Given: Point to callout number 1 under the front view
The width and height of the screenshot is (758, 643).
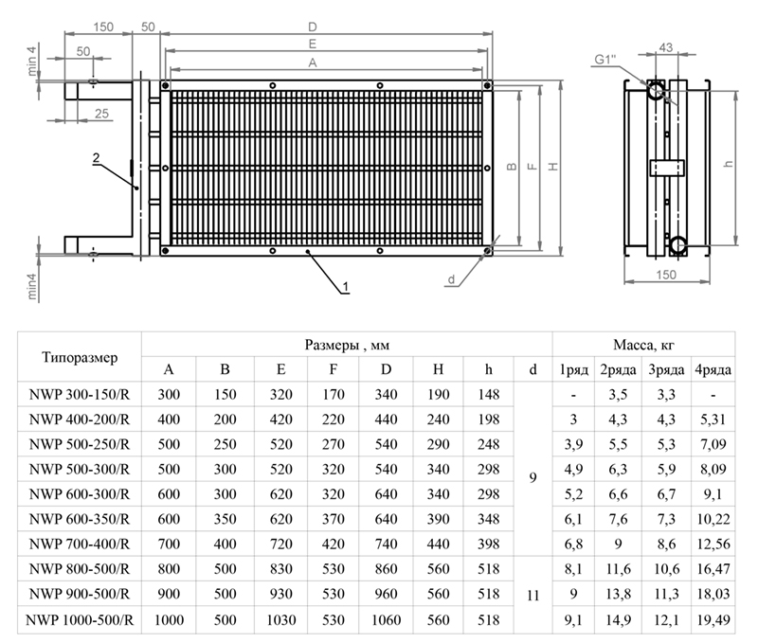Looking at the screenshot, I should coord(347,285).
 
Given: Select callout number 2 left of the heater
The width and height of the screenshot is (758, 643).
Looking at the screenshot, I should coord(97,159).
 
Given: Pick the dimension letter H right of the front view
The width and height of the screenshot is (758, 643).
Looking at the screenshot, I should coord(552,167).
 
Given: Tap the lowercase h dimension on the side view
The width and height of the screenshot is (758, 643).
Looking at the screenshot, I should coord(729,163).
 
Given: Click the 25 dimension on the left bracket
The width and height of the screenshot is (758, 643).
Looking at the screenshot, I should coord(100,114).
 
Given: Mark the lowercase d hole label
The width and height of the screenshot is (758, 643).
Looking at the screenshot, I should coord(452,279).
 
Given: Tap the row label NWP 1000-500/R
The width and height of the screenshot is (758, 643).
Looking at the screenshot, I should coord(80,620).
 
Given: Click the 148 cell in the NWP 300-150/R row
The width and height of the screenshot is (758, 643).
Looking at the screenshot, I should coord(488,391).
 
